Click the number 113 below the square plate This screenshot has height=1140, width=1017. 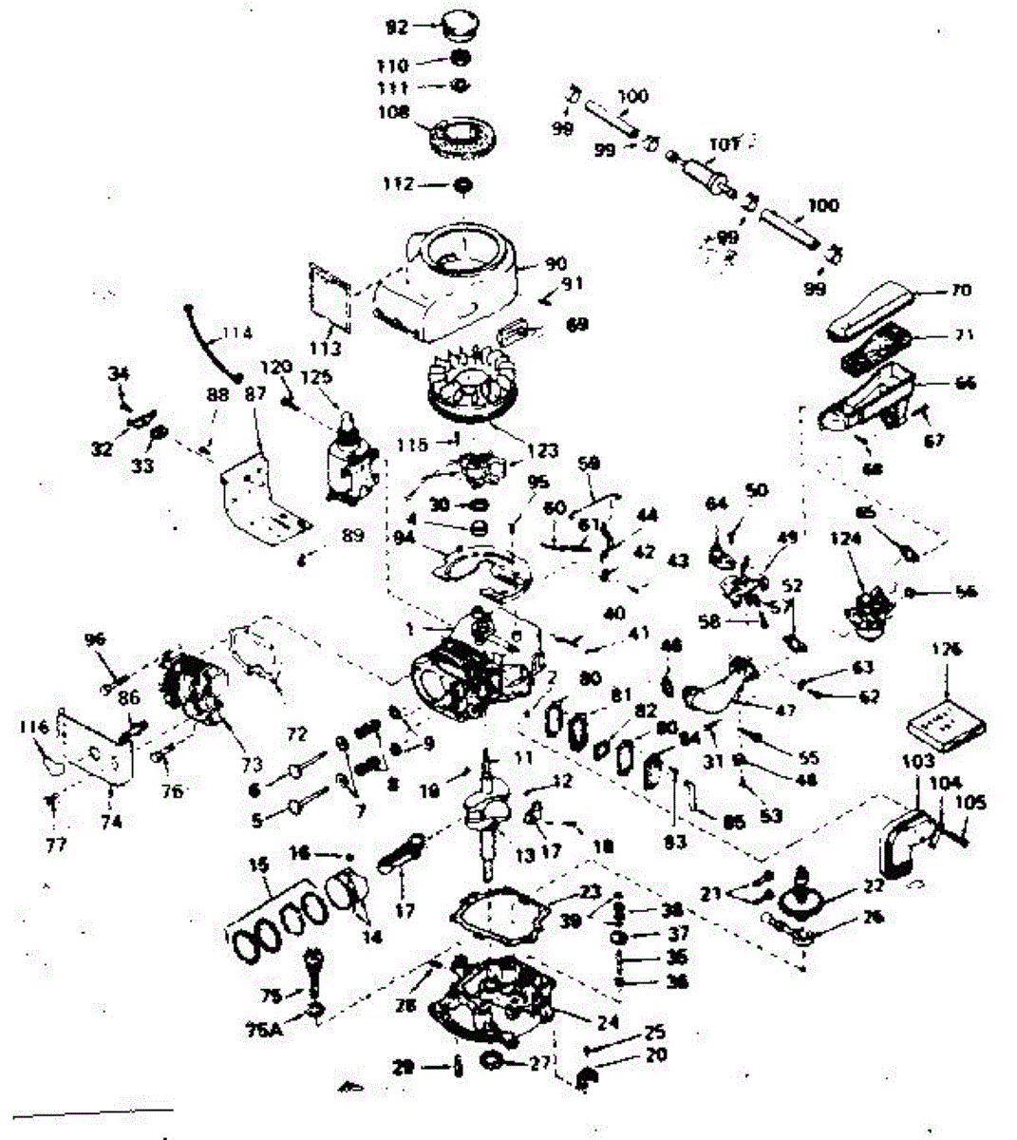[326, 350]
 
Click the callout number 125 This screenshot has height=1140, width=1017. [316, 378]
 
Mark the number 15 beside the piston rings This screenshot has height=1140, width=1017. [258, 866]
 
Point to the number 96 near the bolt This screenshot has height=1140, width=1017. [95, 639]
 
